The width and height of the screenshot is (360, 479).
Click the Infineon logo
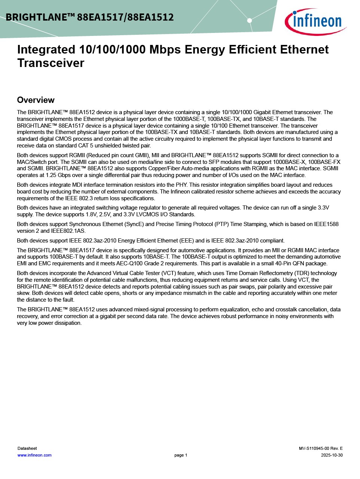click(315, 21)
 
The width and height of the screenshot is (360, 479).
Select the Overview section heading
click(36, 100)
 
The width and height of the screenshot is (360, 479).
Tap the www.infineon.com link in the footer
click(34, 455)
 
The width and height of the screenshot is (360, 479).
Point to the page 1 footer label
click(181, 455)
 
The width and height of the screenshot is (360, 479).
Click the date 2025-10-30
click(332, 455)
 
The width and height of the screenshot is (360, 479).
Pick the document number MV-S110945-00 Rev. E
click(321, 448)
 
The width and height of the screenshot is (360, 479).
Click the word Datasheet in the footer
click(27, 448)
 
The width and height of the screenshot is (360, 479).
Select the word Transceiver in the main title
click(51, 63)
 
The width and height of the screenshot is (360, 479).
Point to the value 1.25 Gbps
click(59, 175)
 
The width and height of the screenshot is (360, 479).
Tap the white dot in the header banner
click(250, 21)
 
